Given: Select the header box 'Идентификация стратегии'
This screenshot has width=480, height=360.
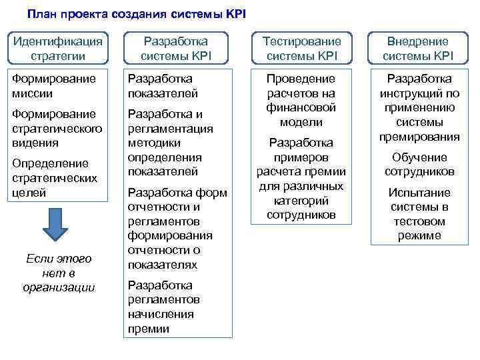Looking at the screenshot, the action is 59,49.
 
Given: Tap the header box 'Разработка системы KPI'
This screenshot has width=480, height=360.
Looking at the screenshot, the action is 176,49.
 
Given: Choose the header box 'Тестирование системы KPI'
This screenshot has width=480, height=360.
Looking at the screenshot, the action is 297,49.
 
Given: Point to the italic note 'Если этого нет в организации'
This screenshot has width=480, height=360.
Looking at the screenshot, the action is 59,273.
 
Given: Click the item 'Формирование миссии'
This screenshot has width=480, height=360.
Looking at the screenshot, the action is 55,86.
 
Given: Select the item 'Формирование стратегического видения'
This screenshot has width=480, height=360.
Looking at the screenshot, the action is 59,128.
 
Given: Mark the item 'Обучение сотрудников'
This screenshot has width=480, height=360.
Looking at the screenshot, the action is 419,164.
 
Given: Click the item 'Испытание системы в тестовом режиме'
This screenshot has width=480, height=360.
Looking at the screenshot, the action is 419,214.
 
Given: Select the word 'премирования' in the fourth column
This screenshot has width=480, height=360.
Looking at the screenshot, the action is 419,137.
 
